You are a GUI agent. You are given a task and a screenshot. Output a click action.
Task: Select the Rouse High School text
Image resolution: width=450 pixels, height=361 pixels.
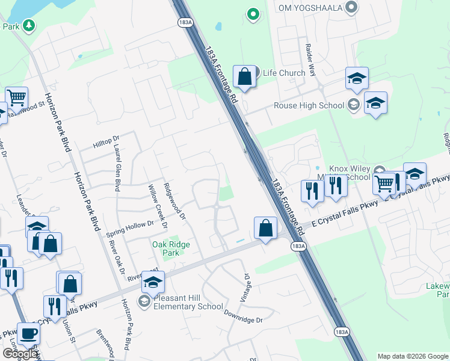pyautogui.click(x=309, y=105)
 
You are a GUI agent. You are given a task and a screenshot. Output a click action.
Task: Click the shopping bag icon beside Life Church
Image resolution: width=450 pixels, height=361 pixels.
pyautogui.click(x=244, y=76)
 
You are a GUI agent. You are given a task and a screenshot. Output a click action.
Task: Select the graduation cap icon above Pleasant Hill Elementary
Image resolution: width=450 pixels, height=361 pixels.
pyautogui.click(x=153, y=280)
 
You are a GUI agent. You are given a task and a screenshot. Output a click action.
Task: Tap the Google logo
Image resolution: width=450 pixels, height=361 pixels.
pyautogui.click(x=19, y=354)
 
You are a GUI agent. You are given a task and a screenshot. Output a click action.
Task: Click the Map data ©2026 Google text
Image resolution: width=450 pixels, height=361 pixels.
pyautogui.click(x=412, y=356)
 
